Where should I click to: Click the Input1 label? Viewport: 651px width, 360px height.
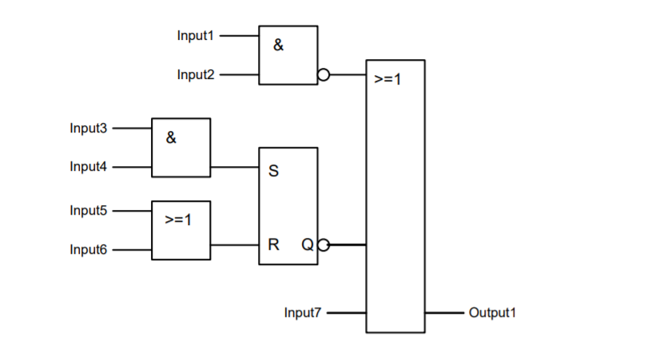click(x=195, y=36)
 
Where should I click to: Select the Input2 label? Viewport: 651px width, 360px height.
click(x=195, y=75)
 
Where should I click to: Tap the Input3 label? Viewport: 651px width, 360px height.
click(x=88, y=128)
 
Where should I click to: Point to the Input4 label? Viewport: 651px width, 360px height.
click(x=88, y=167)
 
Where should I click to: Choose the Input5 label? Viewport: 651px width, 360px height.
click(x=88, y=211)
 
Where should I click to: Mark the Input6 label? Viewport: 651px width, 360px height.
click(x=88, y=250)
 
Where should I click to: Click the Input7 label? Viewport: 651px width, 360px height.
click(x=303, y=313)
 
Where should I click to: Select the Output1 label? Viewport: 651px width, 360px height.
click(x=492, y=313)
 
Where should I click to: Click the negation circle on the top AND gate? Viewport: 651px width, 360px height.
click(x=324, y=76)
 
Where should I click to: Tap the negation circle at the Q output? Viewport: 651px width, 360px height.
click(x=324, y=245)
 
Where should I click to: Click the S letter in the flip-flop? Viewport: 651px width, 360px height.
click(x=273, y=172)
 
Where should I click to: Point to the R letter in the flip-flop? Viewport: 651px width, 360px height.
click(x=273, y=245)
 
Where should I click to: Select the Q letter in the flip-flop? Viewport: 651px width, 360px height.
click(x=308, y=245)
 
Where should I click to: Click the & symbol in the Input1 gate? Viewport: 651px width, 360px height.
click(x=278, y=45)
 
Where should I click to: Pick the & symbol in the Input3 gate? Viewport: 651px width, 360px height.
click(x=171, y=137)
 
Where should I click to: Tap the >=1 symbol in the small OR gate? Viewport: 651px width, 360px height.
click(x=178, y=220)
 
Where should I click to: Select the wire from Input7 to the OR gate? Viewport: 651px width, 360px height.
click(x=346, y=313)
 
